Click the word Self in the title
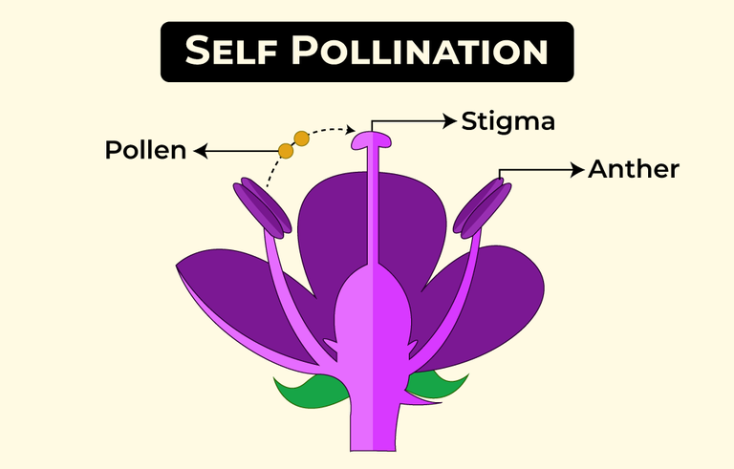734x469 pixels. point(230,50)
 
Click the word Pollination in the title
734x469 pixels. point(420,50)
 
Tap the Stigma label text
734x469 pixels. point(507,121)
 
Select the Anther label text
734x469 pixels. point(634,169)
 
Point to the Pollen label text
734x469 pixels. point(145,150)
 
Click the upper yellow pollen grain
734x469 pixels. point(301,139)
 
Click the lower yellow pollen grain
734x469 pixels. point(286,151)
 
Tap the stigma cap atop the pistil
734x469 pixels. point(371,140)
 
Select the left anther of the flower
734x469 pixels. point(262,208)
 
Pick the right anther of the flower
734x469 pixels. point(482,208)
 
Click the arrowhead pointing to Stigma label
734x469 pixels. point(450,120)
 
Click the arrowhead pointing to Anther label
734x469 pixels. point(577,169)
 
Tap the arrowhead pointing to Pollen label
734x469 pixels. point(201,151)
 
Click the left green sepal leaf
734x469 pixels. point(309,390)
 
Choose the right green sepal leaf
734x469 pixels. point(438,383)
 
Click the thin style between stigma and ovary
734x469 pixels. point(373,206)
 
